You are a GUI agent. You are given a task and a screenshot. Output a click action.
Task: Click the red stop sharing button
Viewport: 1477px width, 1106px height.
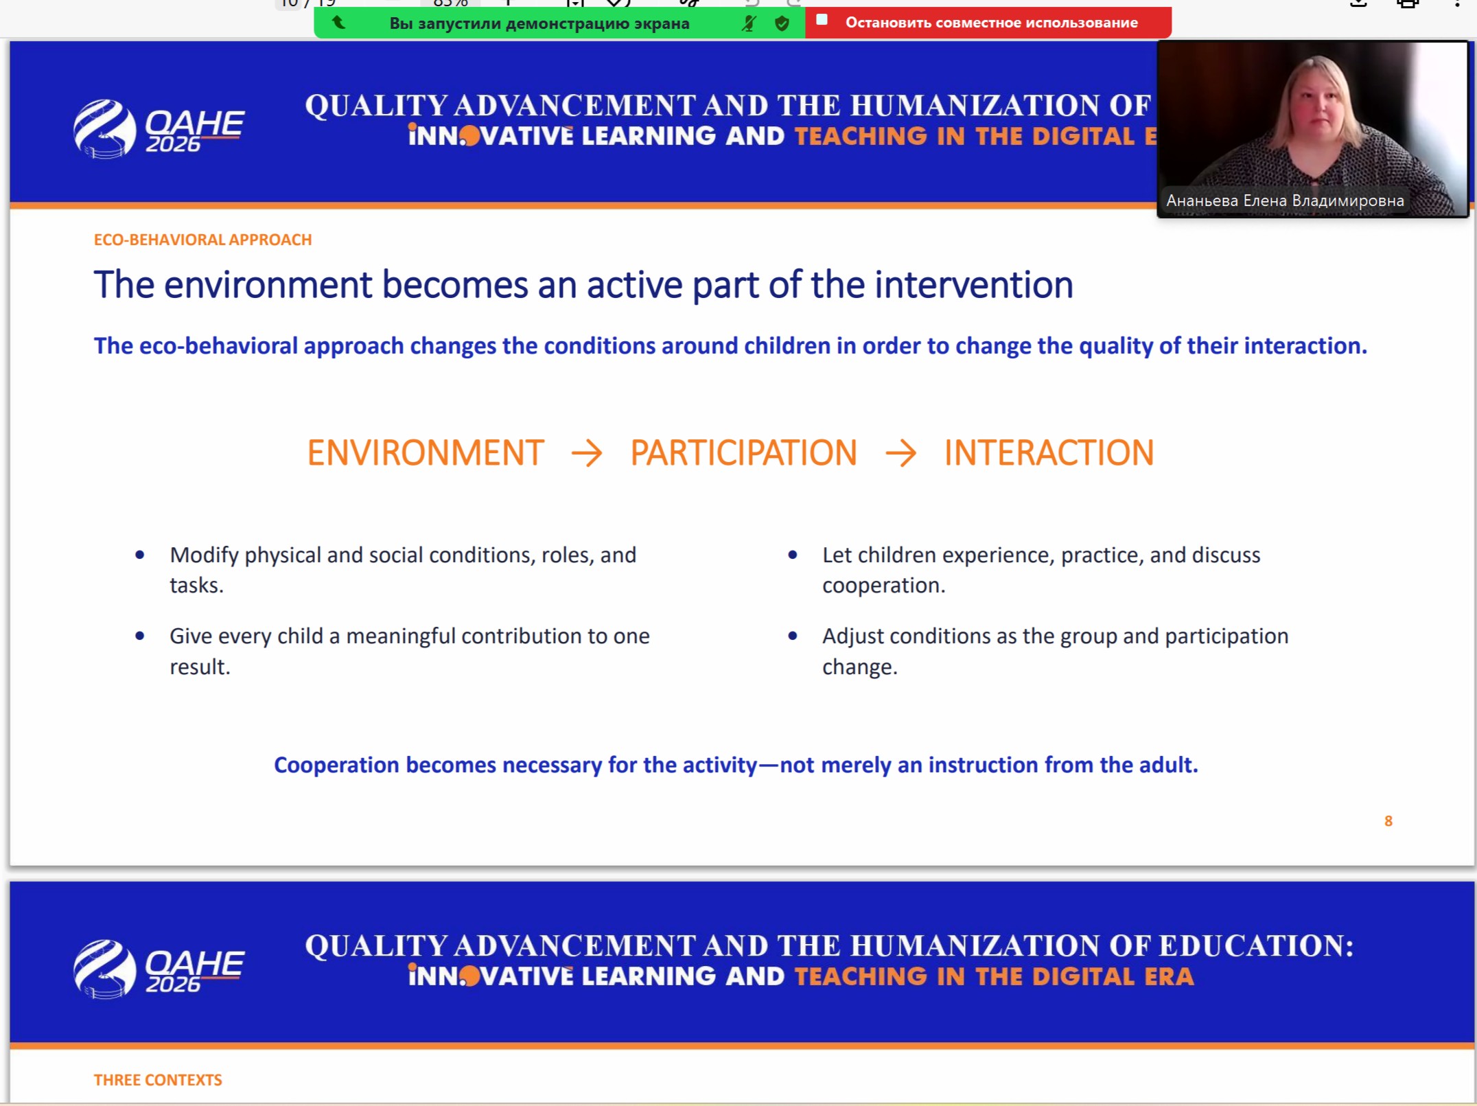coord(988,22)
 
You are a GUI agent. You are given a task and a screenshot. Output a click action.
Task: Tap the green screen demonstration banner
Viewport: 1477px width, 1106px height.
coord(559,23)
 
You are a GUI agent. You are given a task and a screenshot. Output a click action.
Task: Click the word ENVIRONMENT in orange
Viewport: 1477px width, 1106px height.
coord(426,453)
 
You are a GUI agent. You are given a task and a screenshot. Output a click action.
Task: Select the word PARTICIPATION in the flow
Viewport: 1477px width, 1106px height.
coord(744,453)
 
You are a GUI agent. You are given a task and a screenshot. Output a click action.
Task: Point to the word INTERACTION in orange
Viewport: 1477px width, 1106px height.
coord(1049,453)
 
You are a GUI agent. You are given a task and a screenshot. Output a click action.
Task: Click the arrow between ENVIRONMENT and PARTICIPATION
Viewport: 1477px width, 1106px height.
coord(587,453)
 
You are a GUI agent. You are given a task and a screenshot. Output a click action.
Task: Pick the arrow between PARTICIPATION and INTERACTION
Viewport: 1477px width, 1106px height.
coord(900,453)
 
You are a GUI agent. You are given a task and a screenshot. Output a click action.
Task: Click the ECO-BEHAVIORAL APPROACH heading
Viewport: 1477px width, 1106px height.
coord(202,240)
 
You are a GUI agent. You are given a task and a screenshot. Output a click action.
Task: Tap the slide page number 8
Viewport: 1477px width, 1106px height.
coord(1388,821)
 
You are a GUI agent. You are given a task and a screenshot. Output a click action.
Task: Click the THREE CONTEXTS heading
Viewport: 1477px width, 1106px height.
coord(158,1080)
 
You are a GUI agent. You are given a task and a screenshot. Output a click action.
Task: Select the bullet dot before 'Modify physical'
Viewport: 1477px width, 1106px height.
coord(140,555)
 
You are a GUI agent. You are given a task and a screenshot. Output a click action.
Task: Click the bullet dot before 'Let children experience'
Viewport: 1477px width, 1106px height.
coord(793,555)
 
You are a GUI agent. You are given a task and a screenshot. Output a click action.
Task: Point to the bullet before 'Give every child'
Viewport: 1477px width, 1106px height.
coord(140,636)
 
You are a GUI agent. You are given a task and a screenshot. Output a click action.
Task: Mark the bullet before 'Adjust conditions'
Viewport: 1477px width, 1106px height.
coord(793,636)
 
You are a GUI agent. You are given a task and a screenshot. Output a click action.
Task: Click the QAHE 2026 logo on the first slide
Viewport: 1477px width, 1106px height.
coord(159,128)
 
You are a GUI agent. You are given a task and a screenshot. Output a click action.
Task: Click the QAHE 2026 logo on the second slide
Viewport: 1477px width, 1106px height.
coord(159,969)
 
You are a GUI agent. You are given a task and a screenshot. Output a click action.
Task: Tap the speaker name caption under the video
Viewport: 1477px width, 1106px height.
coord(1285,200)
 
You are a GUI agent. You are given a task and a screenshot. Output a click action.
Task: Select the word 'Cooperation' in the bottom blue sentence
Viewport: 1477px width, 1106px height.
coord(336,765)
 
